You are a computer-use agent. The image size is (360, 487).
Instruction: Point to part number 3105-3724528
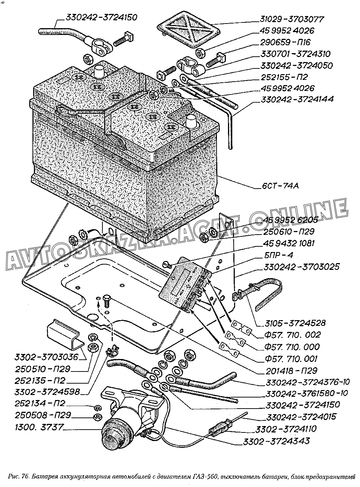pyautogui.click(x=295, y=323)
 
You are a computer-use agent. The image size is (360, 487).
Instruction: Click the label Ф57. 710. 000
pyautogui.click(x=292, y=347)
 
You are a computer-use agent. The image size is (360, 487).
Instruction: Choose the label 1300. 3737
pyautogui.click(x=39, y=427)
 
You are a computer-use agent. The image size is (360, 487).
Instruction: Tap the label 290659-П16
pyautogui.click(x=286, y=42)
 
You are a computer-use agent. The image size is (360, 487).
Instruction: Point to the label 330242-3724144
pyautogui.click(x=297, y=99)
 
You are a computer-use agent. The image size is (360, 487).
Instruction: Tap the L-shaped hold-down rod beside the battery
pyautogui.click(x=230, y=125)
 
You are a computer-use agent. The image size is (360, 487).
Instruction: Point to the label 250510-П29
pyautogui.click(x=43, y=369)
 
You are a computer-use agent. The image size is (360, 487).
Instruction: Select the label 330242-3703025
pyautogui.click(x=301, y=267)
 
